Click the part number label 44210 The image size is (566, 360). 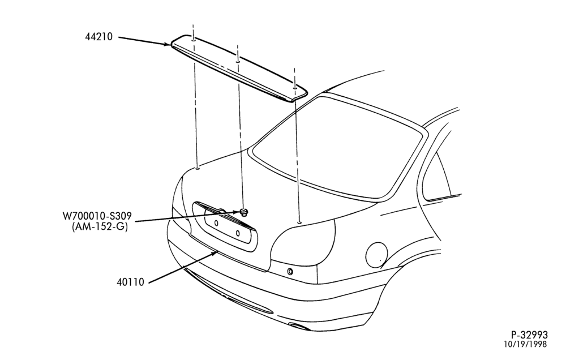click(x=99, y=36)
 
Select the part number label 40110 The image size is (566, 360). click(x=130, y=282)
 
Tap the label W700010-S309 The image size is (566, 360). click(x=97, y=216)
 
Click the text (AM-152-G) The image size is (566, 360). click(x=100, y=227)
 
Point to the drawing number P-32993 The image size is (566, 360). click(x=529, y=335)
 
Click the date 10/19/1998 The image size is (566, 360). click(x=526, y=344)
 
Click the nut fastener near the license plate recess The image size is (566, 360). click(x=245, y=212)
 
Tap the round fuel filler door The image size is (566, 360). click(x=376, y=255)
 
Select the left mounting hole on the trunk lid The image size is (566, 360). click(x=198, y=168)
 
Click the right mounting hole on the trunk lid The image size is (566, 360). click(x=299, y=223)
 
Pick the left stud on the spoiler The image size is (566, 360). click(x=194, y=40)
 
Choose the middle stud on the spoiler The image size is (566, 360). click(x=238, y=61)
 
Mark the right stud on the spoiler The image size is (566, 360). click(x=295, y=87)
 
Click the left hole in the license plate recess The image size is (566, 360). click(x=216, y=223)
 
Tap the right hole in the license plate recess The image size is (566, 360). click(x=238, y=233)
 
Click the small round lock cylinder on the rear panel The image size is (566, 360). click(x=290, y=272)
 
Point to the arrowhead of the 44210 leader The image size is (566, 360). click(x=168, y=44)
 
